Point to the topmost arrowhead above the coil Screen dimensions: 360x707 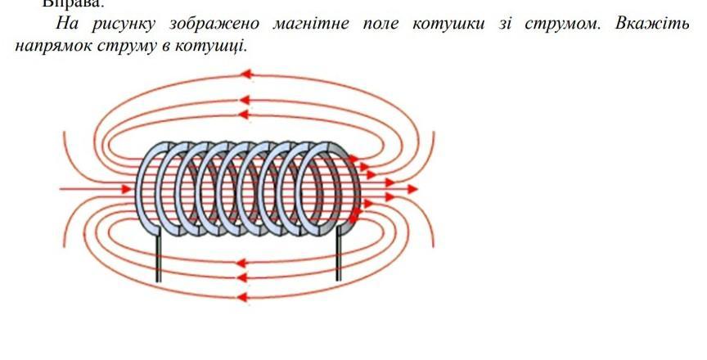245,75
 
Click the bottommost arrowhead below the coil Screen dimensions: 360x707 242,295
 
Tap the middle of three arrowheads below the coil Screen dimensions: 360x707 242,280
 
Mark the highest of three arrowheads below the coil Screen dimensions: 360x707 242,263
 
